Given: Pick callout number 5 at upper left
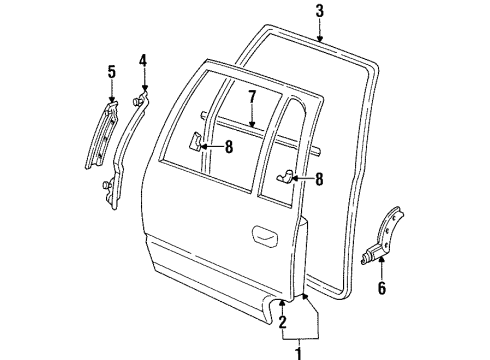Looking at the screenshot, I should pyautogui.click(x=111, y=72).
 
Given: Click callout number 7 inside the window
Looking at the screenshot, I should pyautogui.click(x=253, y=98).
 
